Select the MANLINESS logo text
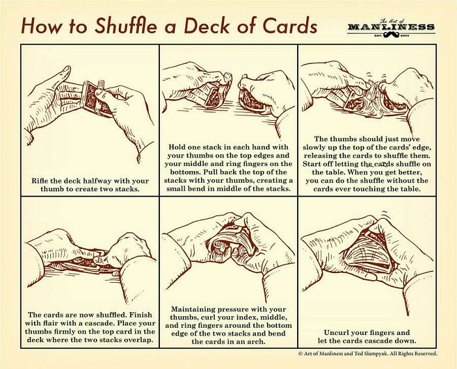390,27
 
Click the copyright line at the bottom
366,353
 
